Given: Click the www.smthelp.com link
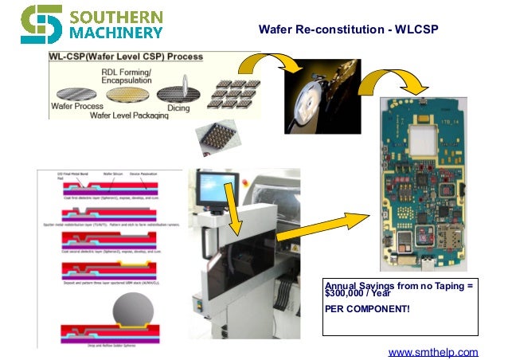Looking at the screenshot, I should (432, 351).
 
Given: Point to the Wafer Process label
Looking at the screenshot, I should (77, 106).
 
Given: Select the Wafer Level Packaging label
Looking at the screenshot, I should (129, 115).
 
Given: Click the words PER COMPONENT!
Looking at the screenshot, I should (367, 308).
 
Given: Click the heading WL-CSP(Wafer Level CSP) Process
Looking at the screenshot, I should (126, 57).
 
